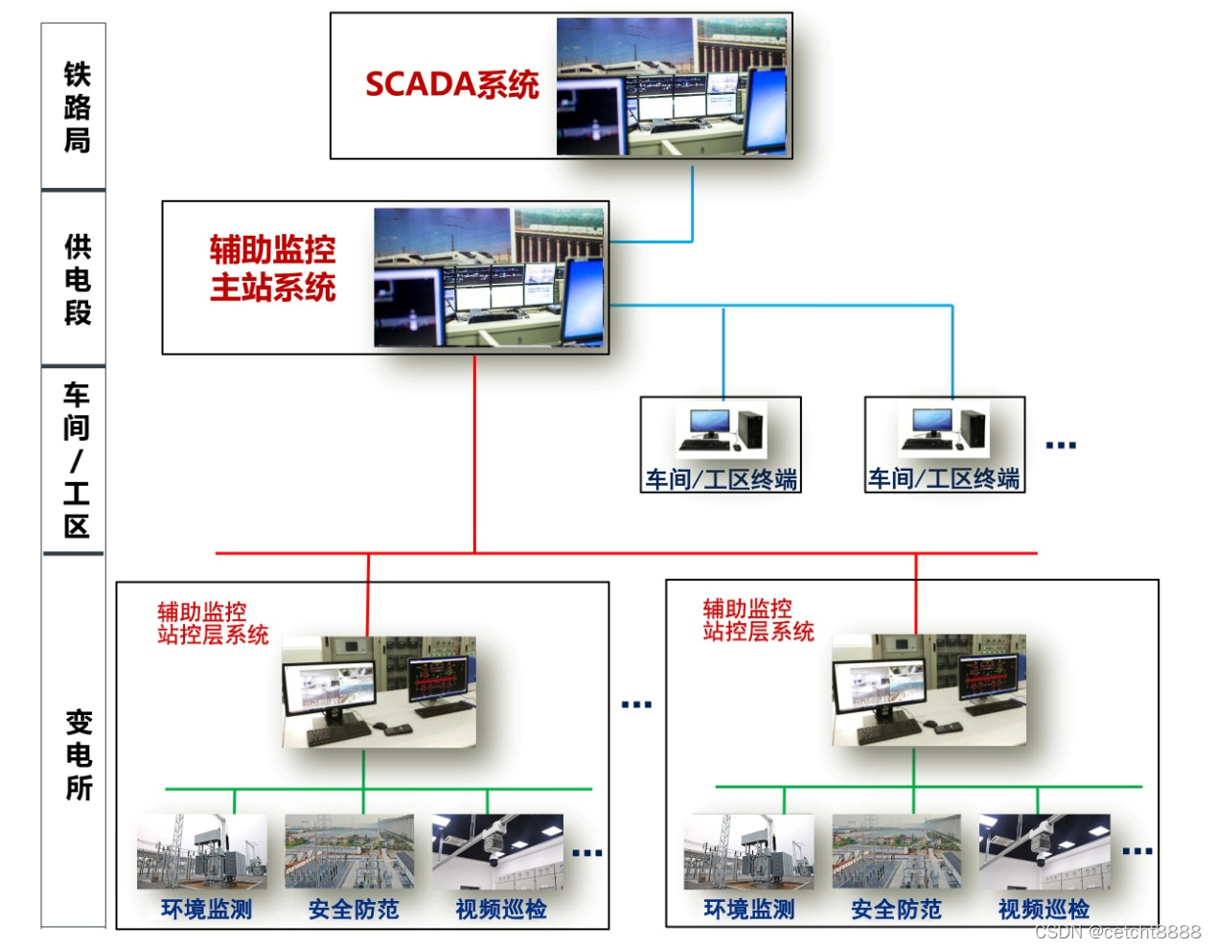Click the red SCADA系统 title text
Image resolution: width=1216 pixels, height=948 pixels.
point(451,85)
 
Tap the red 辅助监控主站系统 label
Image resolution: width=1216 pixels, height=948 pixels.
point(273,268)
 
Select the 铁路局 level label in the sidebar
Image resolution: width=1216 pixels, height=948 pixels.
point(77,106)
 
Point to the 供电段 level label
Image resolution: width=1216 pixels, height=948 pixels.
point(77,279)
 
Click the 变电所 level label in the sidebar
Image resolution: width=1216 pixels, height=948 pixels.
point(79,754)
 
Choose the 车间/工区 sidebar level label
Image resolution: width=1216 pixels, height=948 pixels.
point(77,460)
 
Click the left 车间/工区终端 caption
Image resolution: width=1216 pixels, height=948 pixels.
point(721,479)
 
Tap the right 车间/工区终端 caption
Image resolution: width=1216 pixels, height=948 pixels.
point(944,478)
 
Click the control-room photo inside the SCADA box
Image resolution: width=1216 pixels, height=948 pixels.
point(673,86)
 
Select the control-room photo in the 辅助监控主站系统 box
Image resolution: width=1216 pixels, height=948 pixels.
point(490,278)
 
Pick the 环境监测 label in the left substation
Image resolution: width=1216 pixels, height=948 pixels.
point(206,909)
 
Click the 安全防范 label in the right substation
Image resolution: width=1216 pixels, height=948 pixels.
point(896,909)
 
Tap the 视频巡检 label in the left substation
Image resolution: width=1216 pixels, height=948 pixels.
point(501,909)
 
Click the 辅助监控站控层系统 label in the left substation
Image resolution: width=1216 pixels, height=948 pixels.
point(213,623)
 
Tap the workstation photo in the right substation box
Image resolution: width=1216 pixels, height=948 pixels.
point(929,690)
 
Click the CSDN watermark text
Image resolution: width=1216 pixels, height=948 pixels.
point(1117,932)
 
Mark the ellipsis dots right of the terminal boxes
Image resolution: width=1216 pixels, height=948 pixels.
point(1061,446)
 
